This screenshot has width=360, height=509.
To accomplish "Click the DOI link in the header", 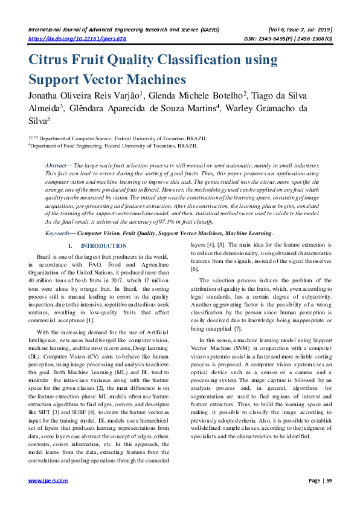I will tap(77, 38).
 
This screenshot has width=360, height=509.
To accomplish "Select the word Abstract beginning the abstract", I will tap(58, 165).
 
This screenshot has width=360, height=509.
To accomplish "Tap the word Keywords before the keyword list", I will tap(60, 233).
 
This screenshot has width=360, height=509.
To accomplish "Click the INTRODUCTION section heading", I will tap(103, 246).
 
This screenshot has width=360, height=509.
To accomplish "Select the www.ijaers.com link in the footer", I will tap(48, 481).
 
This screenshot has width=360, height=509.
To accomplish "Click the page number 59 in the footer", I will tap(329, 481).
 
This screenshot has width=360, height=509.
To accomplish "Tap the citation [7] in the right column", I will tap(237, 328).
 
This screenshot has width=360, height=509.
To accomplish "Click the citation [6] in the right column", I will tap(194, 268).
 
